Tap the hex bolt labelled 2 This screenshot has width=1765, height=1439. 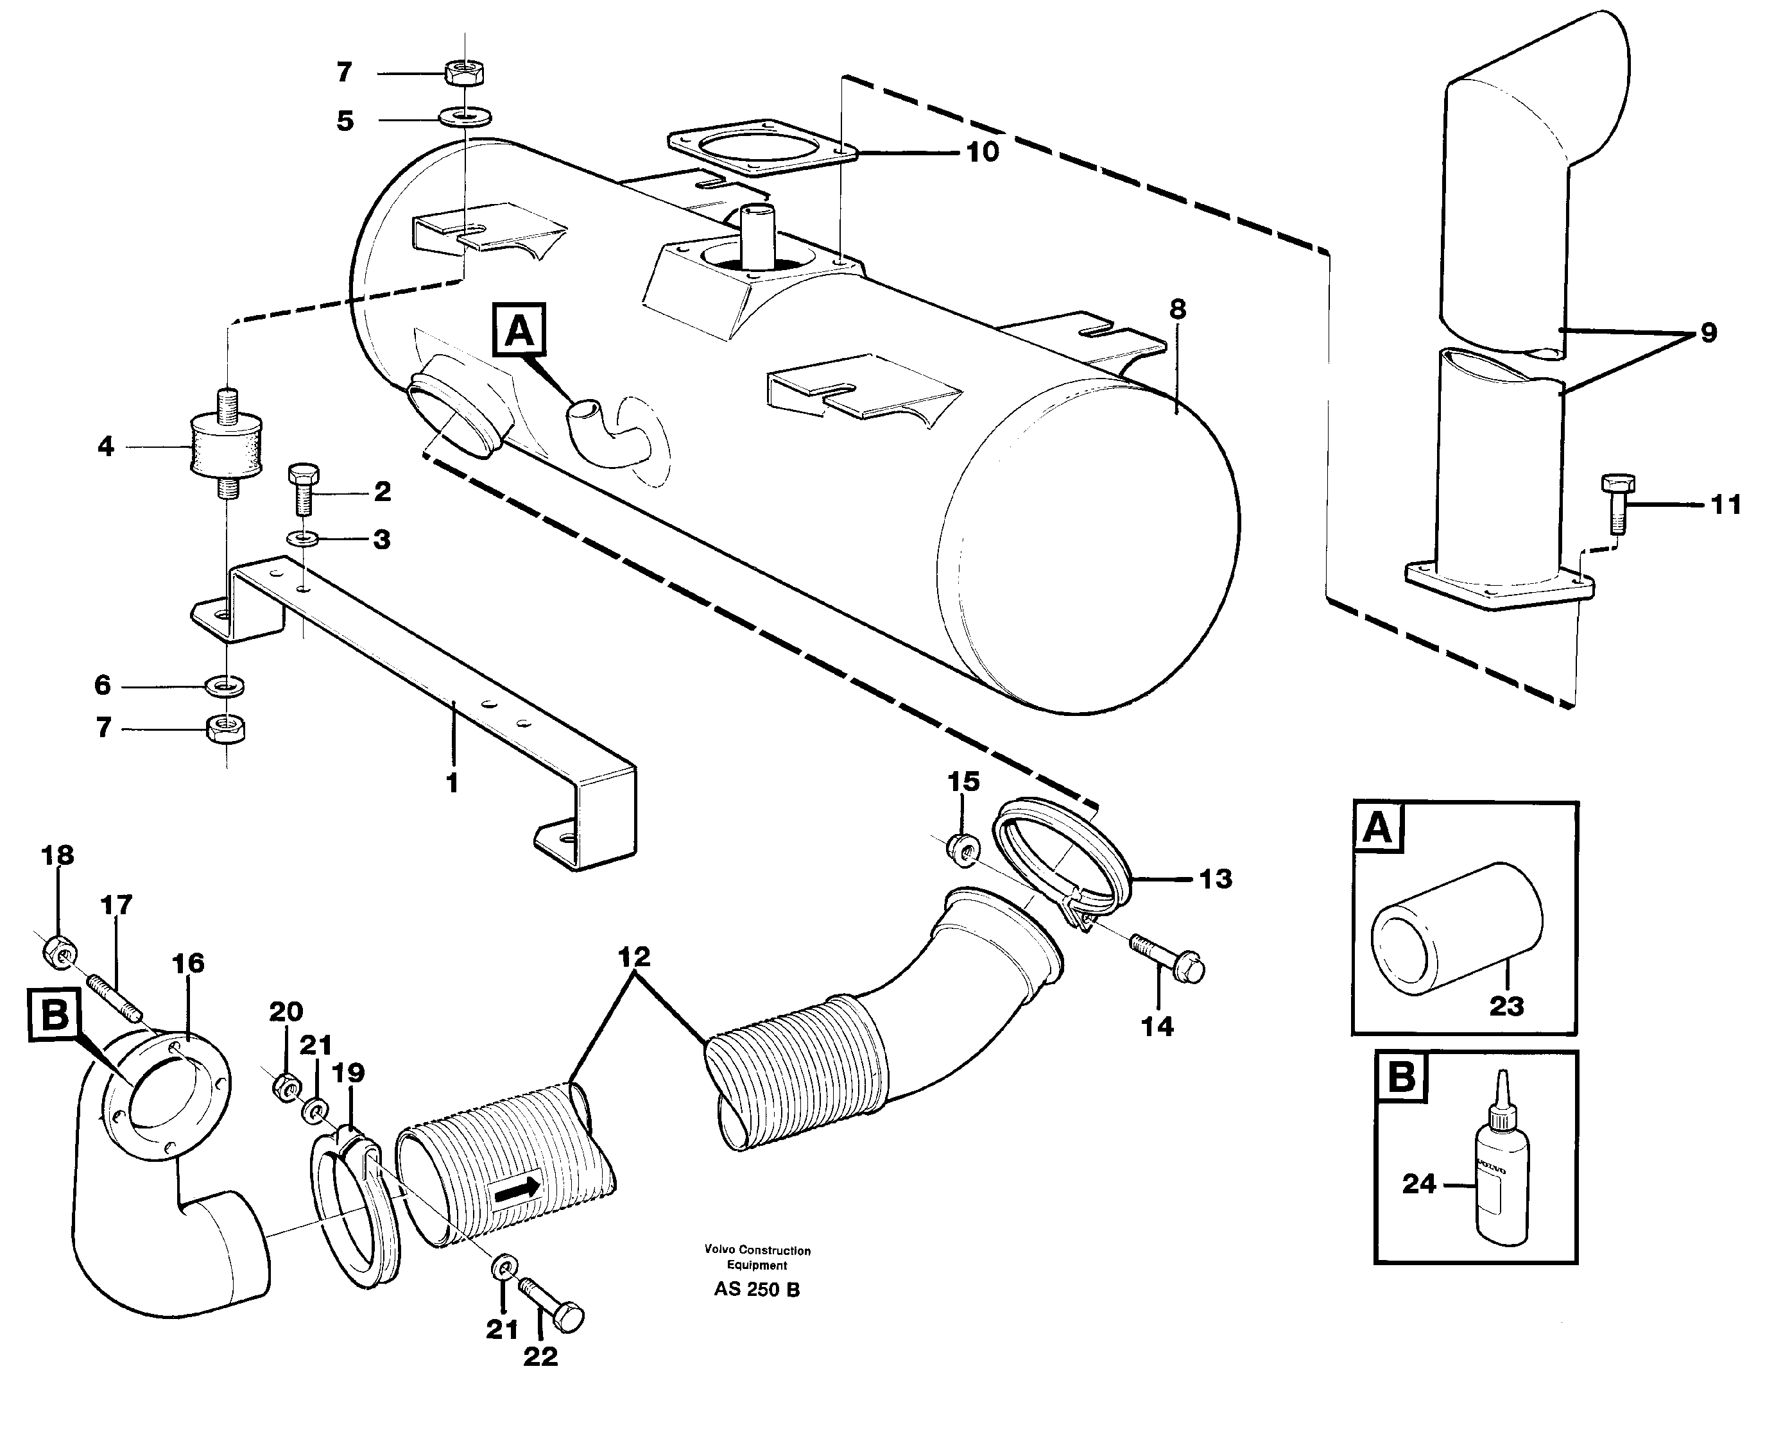pyautogui.click(x=301, y=488)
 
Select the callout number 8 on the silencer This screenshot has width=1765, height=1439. pyautogui.click(x=1177, y=309)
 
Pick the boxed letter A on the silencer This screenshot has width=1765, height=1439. pyautogui.click(x=520, y=331)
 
